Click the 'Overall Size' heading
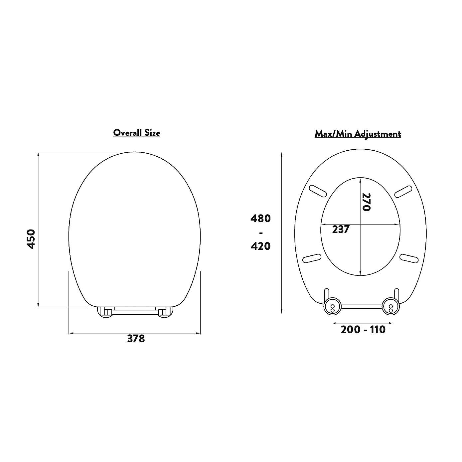[x=136, y=133]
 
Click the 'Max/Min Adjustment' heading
[x=358, y=134]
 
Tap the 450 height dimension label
[x=31, y=238]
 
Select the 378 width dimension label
[x=136, y=339]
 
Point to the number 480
[x=260, y=219]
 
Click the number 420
[x=260, y=246]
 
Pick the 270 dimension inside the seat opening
[x=366, y=202]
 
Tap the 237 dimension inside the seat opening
[x=341, y=230]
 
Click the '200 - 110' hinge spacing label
[x=363, y=330]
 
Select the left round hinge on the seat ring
[x=332, y=305]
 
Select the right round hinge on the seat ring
[x=390, y=305]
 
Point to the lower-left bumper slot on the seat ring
[x=312, y=258]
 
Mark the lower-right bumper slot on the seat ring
[x=409, y=258]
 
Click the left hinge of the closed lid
[x=105, y=312]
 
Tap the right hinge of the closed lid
[x=165, y=312]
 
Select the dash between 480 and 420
[x=261, y=232]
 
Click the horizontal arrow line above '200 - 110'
[x=362, y=323]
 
